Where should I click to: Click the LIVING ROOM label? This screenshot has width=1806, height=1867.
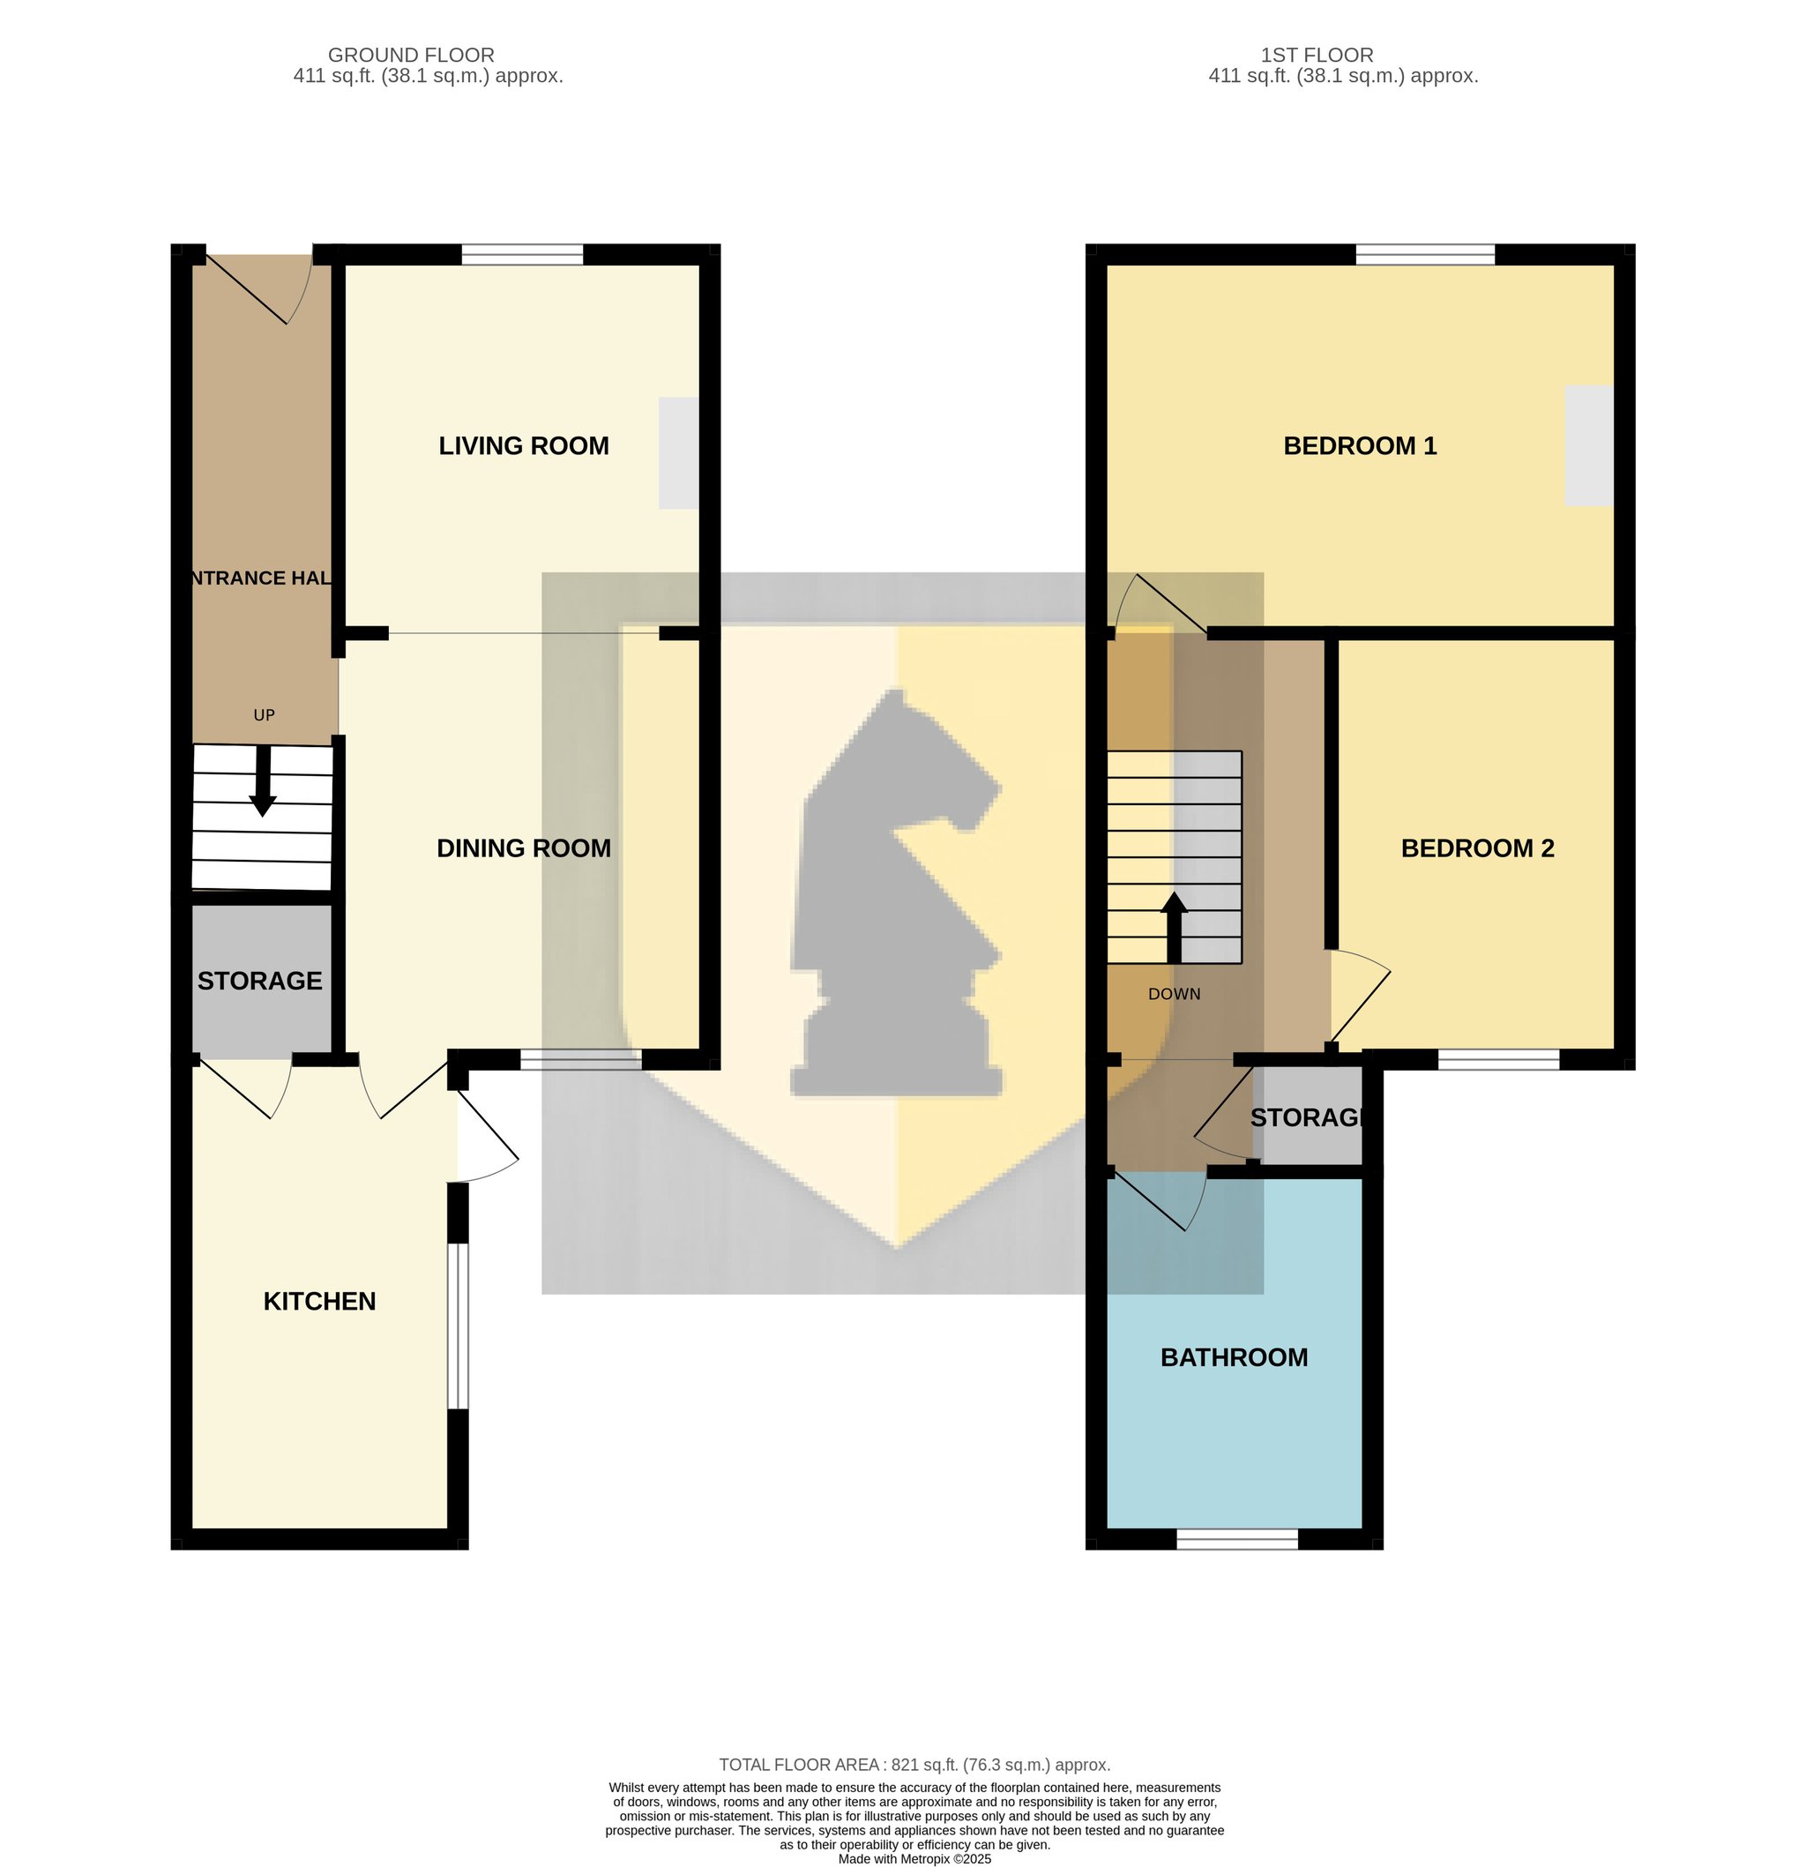(x=523, y=445)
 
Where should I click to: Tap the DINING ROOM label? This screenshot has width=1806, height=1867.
(x=523, y=848)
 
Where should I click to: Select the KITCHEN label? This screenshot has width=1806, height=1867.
(x=319, y=1301)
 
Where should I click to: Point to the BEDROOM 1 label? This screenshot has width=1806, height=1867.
(x=1359, y=445)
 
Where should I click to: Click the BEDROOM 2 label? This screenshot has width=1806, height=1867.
(x=1477, y=848)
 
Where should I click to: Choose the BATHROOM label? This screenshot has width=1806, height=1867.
(x=1234, y=1357)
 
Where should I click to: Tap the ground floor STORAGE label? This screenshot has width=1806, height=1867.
(x=259, y=982)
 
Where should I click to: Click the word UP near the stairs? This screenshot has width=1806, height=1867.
(x=264, y=715)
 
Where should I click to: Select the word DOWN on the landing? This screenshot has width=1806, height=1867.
(x=1174, y=995)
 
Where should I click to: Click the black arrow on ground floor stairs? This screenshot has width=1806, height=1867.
(x=263, y=781)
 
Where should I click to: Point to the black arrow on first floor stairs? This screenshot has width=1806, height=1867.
(x=1174, y=927)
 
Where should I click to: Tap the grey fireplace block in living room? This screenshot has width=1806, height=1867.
(x=678, y=452)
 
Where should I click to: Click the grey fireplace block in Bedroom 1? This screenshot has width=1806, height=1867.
(x=1589, y=445)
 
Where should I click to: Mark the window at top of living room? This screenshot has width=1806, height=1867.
(x=522, y=254)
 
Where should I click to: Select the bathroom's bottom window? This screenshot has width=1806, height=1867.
(x=1237, y=1539)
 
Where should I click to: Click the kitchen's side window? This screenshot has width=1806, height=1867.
(x=459, y=1326)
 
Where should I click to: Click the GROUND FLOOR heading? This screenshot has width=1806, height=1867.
(x=411, y=56)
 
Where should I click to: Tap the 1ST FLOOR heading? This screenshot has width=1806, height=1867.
(x=1317, y=56)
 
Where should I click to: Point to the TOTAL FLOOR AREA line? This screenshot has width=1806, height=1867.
(x=914, y=1765)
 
